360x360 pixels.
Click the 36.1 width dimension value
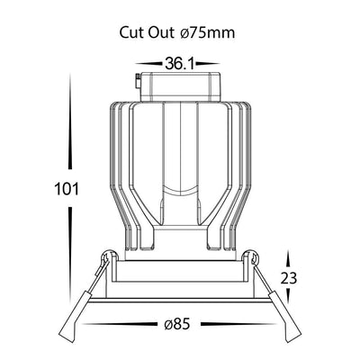pyautogui.click(x=178, y=64)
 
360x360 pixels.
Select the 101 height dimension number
pyautogui.click(x=67, y=189)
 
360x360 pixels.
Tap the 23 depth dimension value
pyautogui.click(x=289, y=278)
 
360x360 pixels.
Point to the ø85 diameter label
pyautogui.click(x=177, y=324)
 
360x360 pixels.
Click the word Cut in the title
pyautogui.click(x=130, y=32)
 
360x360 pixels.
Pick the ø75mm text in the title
pyautogui.click(x=208, y=32)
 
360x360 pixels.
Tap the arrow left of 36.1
pyautogui.click(x=148, y=64)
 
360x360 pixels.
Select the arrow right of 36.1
pyautogui.click(x=208, y=64)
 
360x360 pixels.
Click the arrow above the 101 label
pyautogui.click(x=70, y=121)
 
